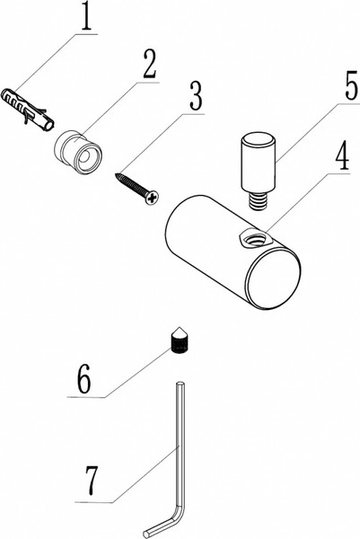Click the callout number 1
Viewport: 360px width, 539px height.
coord(86,16)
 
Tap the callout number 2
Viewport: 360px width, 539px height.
coord(149,65)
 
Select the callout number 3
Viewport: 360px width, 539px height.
coord(196,96)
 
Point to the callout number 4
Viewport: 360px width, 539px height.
coord(342,156)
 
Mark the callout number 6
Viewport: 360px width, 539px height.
coord(84,379)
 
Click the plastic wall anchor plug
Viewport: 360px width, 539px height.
coord(28,110)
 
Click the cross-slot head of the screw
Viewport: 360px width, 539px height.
coord(152,198)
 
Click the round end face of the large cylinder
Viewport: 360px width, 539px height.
coord(274,278)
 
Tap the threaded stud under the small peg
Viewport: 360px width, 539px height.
coord(257,200)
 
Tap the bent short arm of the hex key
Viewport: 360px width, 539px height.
coord(164,523)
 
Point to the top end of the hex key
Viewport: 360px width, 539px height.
coord(180,384)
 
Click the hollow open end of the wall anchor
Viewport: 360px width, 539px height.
coord(50,126)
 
